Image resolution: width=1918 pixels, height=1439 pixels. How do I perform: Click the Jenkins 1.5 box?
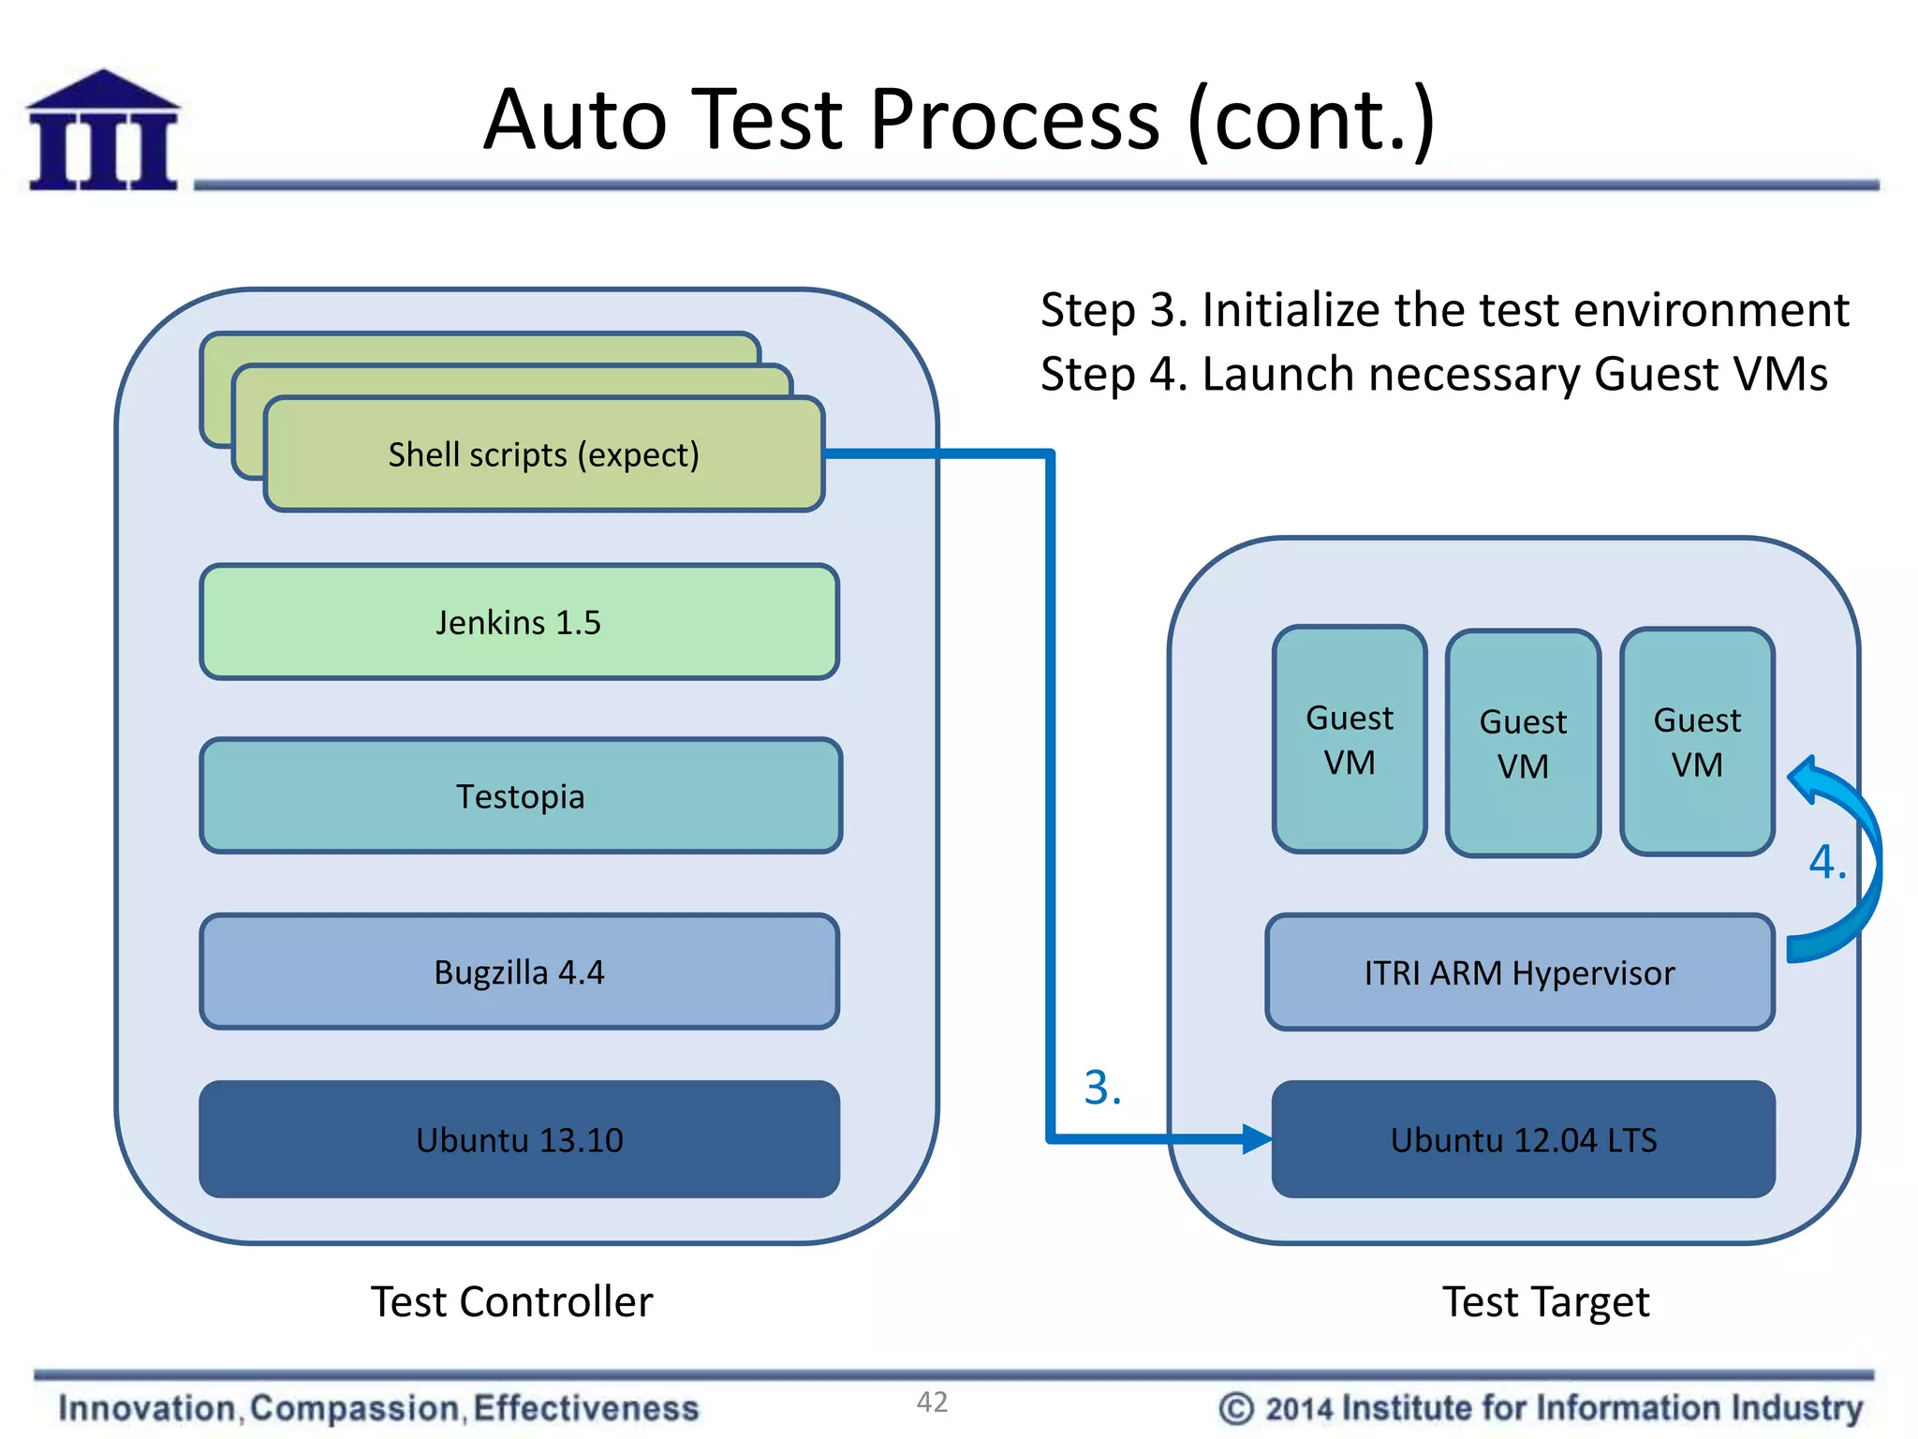point(519,622)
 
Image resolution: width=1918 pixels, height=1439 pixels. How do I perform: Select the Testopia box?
point(521,796)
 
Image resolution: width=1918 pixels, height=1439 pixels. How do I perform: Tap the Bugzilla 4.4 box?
point(519,972)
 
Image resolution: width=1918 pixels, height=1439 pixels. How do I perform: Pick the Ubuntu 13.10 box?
point(519,1140)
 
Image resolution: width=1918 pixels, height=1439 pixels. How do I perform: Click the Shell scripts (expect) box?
point(543,455)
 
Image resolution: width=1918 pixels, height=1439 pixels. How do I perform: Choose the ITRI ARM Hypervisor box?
point(1519,973)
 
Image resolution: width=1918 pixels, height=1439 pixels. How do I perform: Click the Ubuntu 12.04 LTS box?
point(1523,1140)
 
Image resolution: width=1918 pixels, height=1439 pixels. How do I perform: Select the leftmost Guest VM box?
point(1350,740)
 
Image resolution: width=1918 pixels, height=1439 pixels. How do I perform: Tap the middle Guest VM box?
point(1523,744)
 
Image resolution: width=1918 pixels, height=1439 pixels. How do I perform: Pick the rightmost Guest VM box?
point(1697,742)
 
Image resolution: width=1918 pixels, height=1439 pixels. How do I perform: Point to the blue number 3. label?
point(1102,1088)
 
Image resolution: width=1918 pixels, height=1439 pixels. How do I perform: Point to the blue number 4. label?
point(1826,861)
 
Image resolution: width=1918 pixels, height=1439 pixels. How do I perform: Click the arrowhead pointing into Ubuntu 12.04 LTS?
point(1256,1139)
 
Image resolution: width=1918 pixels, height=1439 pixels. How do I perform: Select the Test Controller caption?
point(511,1302)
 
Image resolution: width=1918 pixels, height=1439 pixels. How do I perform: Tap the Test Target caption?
point(1545,1302)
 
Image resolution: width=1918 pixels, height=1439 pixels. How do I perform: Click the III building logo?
point(103,131)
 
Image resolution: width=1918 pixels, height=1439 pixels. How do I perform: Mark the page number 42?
point(932,1402)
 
